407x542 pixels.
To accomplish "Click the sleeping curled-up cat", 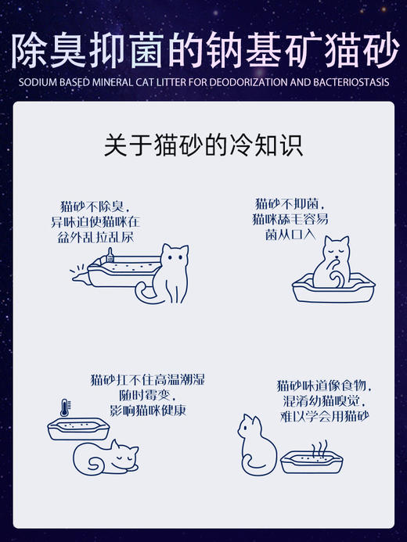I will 105,455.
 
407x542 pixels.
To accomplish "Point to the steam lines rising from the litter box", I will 319,447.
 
